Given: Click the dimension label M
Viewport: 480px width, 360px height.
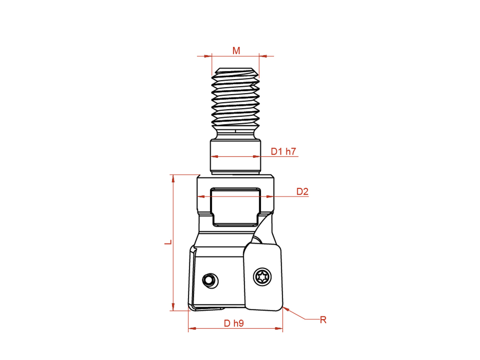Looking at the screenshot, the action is pyautogui.click(x=236, y=51).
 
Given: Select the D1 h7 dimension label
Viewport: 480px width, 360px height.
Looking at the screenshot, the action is pyautogui.click(x=284, y=151).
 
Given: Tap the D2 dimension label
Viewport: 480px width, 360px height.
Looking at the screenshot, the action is pyautogui.click(x=302, y=192).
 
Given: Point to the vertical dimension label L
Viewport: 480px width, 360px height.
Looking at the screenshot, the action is pyautogui.click(x=168, y=242).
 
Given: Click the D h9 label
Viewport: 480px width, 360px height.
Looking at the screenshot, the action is pyautogui.click(x=234, y=323).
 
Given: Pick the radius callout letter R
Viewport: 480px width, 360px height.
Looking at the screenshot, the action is pyautogui.click(x=323, y=320).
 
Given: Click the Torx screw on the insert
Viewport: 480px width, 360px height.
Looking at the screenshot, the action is pyautogui.click(x=262, y=277).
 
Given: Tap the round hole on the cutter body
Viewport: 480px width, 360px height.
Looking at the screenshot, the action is pyautogui.click(x=210, y=280).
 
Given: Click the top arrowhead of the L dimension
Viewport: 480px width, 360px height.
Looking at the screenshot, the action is pyautogui.click(x=173, y=178).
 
